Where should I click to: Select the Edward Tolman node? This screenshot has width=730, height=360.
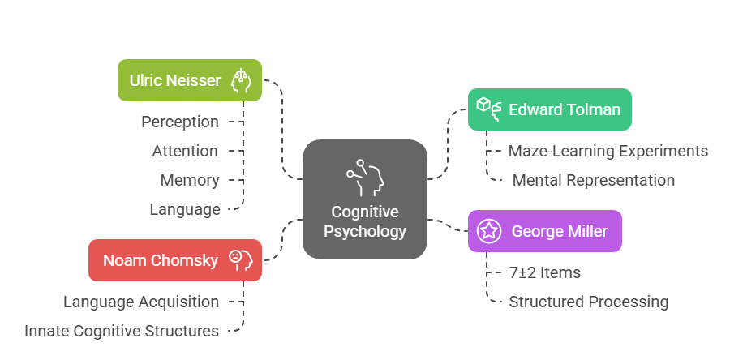(549, 109)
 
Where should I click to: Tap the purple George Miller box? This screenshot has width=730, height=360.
(544, 231)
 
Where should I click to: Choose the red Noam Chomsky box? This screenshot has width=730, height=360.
(174, 260)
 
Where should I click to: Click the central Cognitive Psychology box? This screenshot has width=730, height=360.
(364, 199)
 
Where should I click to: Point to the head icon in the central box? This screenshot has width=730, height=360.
(366, 174)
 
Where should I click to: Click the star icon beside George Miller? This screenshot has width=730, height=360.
(488, 231)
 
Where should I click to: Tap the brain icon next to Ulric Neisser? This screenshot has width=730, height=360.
(242, 80)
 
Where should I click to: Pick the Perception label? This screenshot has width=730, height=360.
(180, 122)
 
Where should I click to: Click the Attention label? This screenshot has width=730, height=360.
(185, 151)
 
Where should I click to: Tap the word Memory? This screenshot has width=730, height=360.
(189, 180)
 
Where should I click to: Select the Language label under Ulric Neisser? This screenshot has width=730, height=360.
(185, 209)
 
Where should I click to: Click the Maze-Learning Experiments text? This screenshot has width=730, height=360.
(608, 151)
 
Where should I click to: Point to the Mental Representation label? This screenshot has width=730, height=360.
(593, 180)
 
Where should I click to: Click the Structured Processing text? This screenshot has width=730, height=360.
(588, 302)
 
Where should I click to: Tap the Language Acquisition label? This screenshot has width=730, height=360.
(141, 302)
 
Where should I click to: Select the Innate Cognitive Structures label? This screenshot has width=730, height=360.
(122, 331)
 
